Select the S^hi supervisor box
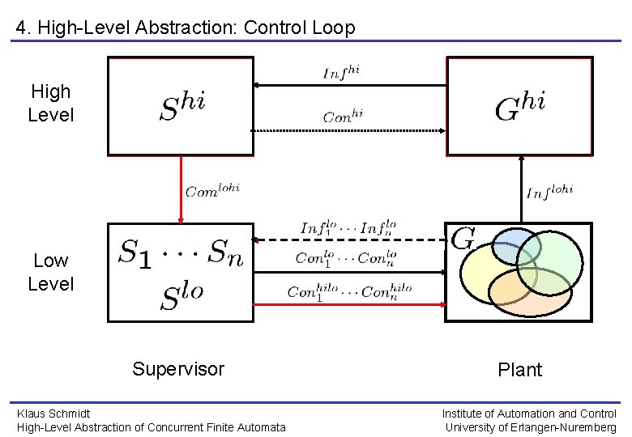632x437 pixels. pos(181,105)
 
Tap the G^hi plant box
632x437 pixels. pos(519,105)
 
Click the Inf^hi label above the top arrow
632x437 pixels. pos(341,72)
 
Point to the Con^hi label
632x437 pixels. pos(343,117)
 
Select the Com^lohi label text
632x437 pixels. pos(212,191)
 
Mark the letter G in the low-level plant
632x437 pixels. pos(462,239)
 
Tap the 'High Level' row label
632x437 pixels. pos(50,103)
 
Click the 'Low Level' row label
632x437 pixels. pos(50,272)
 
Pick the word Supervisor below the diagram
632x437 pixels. pos(178,369)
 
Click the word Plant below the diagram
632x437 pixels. pos(519,370)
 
